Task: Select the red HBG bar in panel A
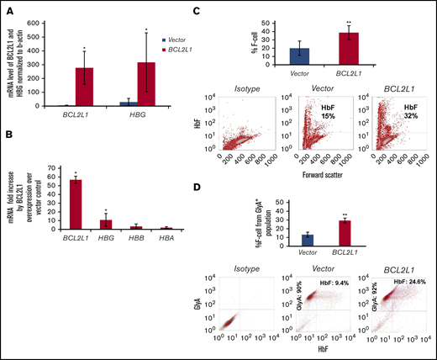click(x=147, y=84)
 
